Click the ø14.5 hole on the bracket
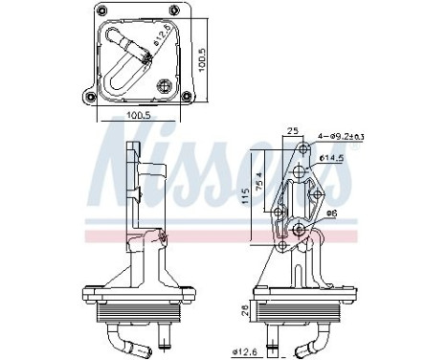301,172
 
